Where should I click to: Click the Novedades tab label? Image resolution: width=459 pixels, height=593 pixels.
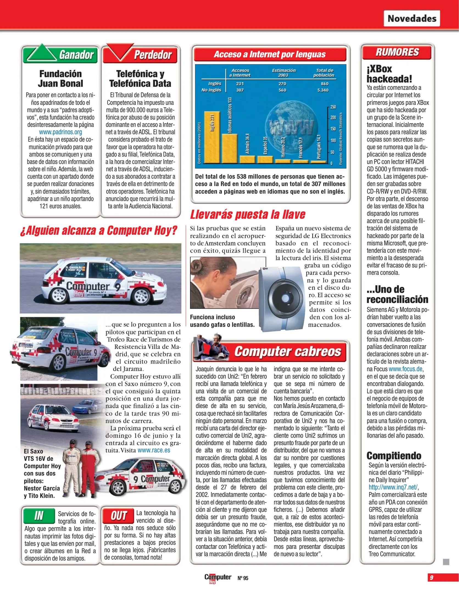(x=412, y=18)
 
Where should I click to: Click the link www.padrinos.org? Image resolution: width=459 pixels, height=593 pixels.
(x=60, y=132)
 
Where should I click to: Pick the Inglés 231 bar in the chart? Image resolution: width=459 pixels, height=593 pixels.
(x=212, y=137)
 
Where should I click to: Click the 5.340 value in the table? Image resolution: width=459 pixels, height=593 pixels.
(x=323, y=90)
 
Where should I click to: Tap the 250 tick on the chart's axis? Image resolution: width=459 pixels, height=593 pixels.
(x=333, y=107)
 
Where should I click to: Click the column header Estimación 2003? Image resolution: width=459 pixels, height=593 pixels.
(x=283, y=73)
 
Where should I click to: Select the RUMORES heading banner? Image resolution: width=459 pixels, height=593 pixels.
(x=397, y=52)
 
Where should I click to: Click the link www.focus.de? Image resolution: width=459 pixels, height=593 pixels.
(x=406, y=369)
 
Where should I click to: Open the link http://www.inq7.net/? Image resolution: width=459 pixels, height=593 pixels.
(x=393, y=487)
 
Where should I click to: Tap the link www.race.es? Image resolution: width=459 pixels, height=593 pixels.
(x=154, y=450)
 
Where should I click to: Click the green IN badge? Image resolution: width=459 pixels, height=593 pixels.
(x=39, y=516)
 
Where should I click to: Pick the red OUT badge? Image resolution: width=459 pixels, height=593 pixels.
(x=118, y=516)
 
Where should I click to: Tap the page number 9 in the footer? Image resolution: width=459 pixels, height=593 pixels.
(x=432, y=577)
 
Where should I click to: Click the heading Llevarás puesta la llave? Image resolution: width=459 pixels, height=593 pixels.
(x=248, y=214)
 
